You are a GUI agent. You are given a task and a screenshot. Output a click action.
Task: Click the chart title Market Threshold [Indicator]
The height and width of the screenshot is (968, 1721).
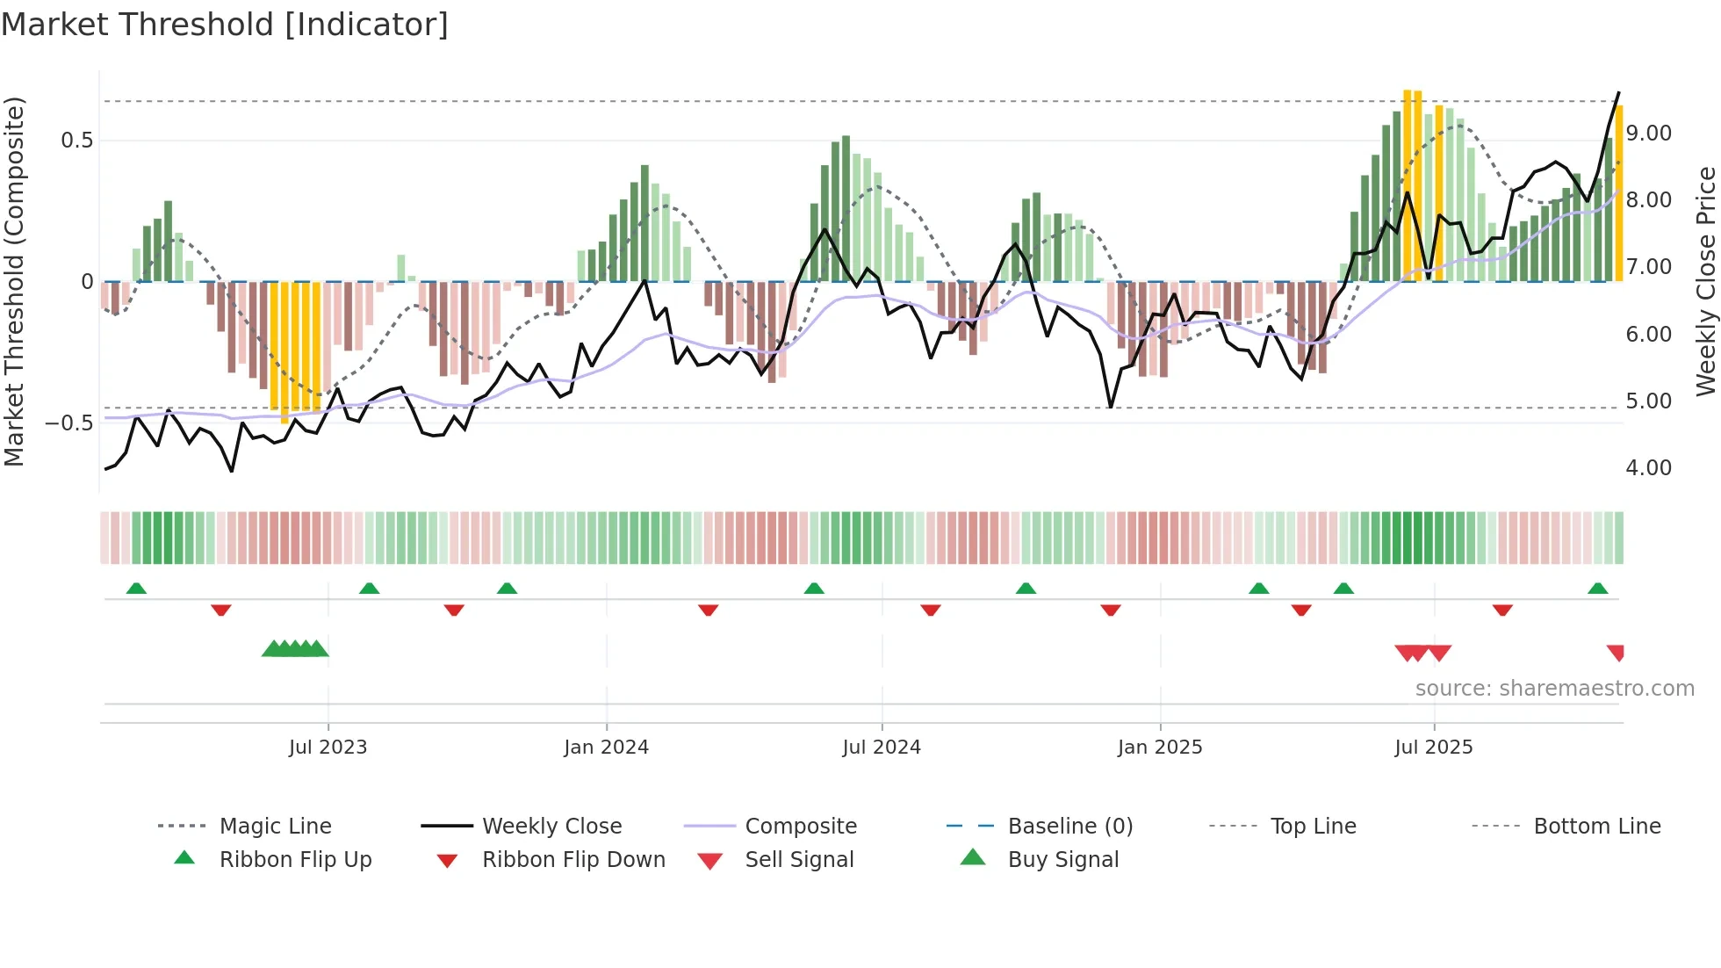(225, 25)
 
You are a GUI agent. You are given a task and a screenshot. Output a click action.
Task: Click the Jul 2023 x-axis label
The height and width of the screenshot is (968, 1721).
(328, 748)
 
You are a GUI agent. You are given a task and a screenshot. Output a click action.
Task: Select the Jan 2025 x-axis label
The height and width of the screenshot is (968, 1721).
(1159, 748)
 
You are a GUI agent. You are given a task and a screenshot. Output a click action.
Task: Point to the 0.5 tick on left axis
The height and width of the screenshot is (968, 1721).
(77, 141)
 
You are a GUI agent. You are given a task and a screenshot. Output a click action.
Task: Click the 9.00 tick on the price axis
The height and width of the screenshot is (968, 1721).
(1648, 134)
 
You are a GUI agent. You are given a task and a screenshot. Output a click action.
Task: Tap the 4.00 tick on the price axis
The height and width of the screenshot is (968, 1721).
(1648, 468)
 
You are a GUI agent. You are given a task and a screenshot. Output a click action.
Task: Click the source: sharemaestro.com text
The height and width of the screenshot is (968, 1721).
(1554, 689)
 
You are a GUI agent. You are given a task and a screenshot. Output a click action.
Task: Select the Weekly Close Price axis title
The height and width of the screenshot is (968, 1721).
(1705, 281)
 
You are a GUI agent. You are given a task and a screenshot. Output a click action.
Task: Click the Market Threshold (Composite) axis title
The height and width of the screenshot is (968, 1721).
(14, 281)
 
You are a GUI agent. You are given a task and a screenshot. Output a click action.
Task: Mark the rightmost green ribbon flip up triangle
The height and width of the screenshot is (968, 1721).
(1597, 589)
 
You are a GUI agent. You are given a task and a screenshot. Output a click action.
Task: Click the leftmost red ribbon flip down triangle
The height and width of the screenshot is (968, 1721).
(221, 610)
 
